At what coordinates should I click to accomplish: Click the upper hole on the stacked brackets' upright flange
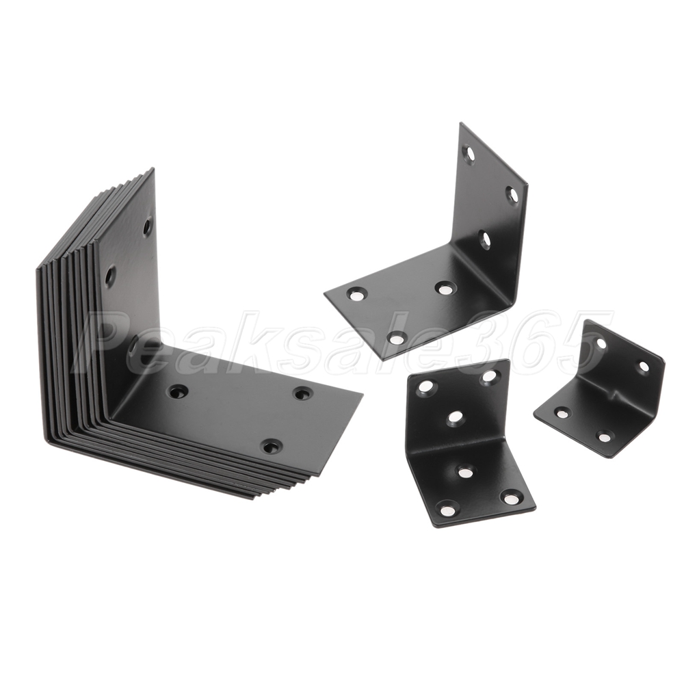pyautogui.click(x=148, y=224)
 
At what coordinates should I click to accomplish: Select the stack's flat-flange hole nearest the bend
pyautogui.click(x=178, y=392)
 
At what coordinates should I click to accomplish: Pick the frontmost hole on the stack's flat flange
pyautogui.click(x=271, y=445)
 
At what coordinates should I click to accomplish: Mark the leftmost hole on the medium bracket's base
pyautogui.click(x=356, y=295)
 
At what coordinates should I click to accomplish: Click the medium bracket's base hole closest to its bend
pyautogui.click(x=445, y=288)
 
